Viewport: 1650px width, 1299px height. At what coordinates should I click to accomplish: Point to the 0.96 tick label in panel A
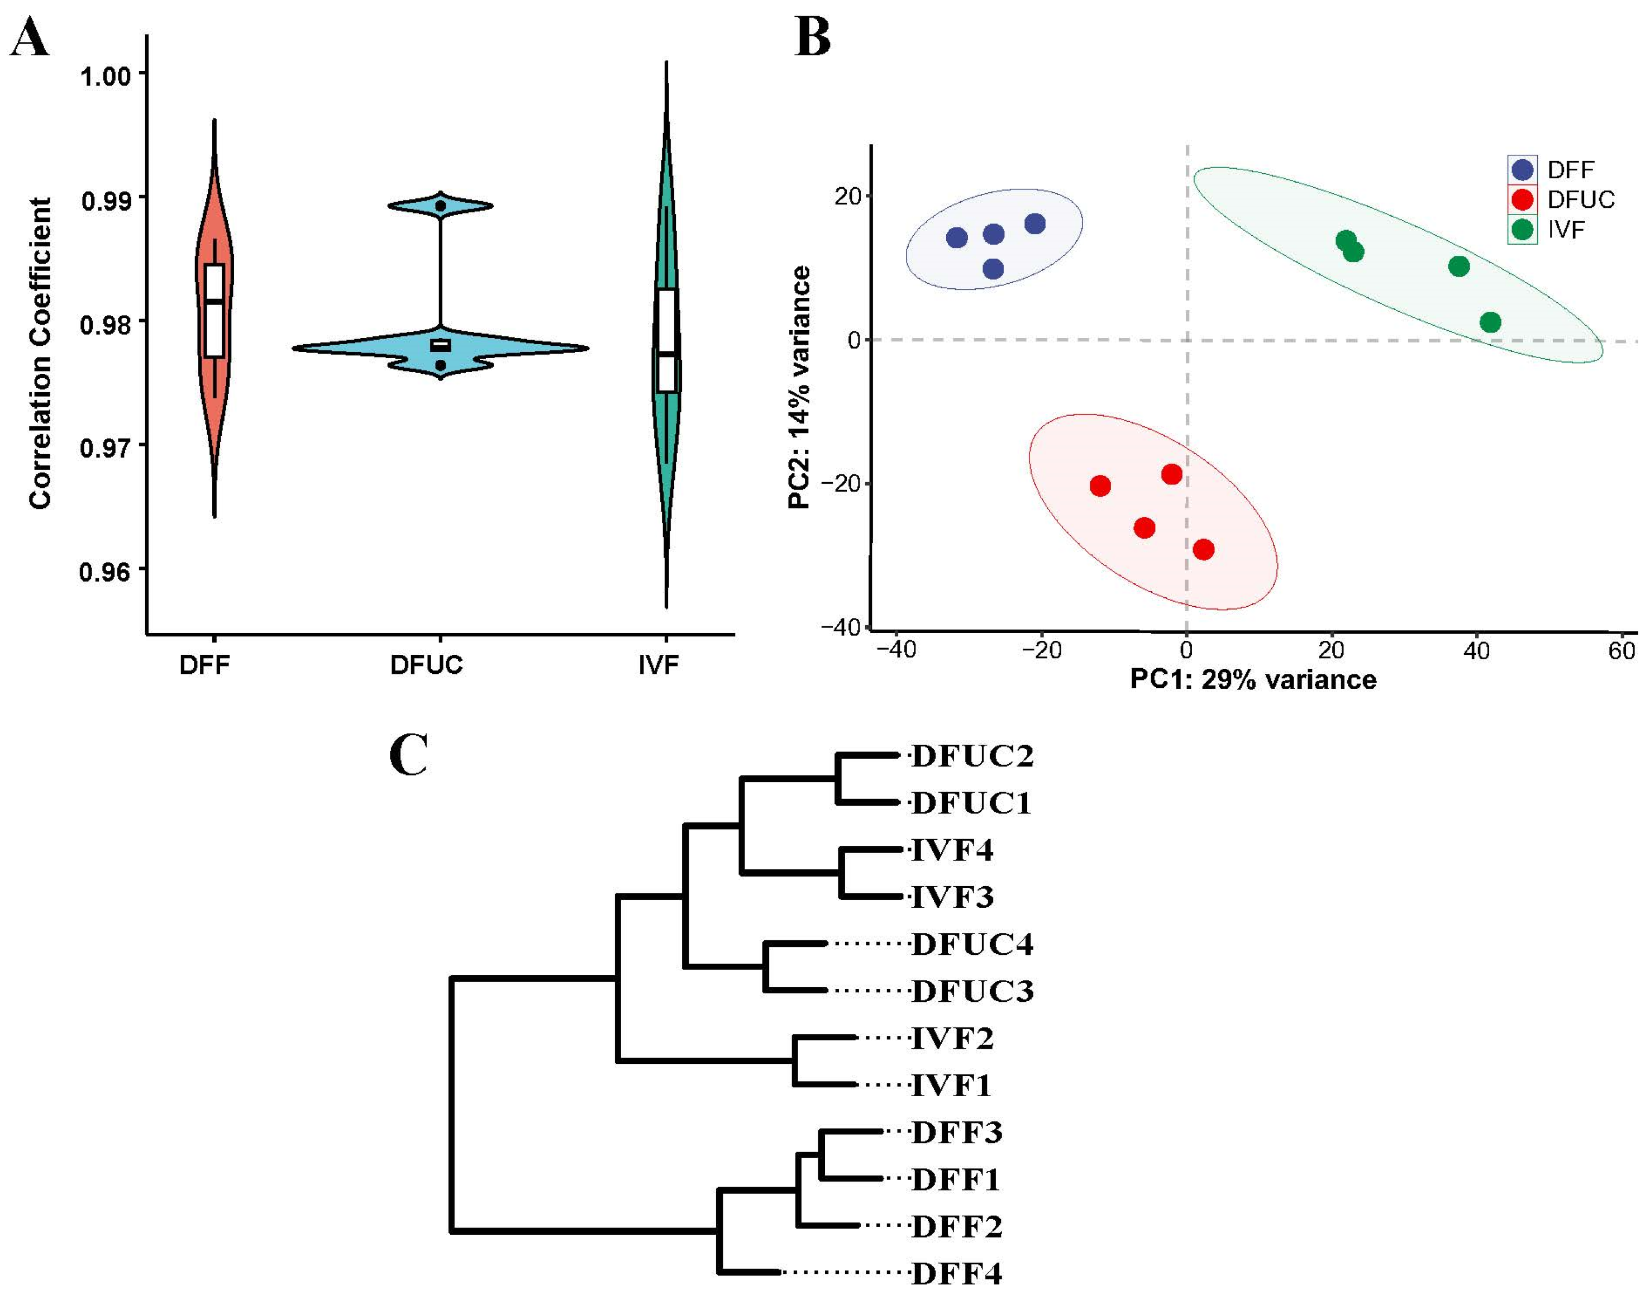point(105,571)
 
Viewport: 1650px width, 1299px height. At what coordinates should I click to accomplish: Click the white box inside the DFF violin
point(214,310)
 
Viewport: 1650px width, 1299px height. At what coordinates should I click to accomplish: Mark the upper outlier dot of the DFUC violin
point(440,206)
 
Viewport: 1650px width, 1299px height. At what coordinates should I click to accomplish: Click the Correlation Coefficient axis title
point(40,353)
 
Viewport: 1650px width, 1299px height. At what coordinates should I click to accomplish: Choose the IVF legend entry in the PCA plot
point(1566,229)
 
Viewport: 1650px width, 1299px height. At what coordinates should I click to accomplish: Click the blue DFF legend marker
point(1522,169)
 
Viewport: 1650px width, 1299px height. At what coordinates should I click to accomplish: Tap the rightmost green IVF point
point(1490,322)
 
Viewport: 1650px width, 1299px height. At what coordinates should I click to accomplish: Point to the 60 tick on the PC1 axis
point(1621,651)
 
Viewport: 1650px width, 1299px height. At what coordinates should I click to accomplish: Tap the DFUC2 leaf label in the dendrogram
point(972,756)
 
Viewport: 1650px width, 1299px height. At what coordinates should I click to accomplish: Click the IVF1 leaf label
point(951,1085)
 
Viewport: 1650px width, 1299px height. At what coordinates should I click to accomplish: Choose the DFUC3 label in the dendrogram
point(972,991)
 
